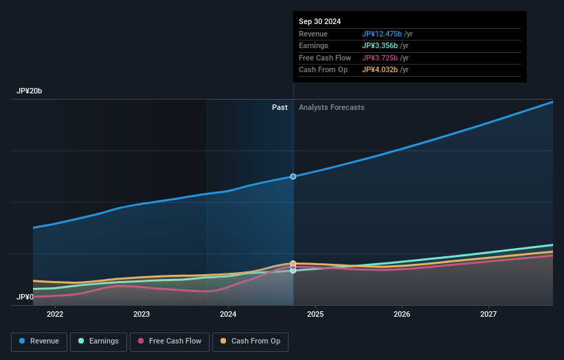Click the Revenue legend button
click(39, 341)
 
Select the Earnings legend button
click(98, 341)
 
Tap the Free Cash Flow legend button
click(168, 341)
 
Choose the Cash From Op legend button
click(251, 341)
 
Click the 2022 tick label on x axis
click(55, 314)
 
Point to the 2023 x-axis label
click(142, 314)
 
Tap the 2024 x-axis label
click(228, 314)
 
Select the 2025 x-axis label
click(315, 314)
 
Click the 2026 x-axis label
click(402, 314)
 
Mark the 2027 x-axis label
click(488, 314)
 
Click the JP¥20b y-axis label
click(31, 91)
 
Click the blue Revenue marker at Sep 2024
click(293, 177)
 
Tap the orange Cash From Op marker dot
click(293, 263)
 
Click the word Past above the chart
click(280, 107)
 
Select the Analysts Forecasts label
click(331, 107)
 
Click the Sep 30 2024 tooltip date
click(319, 22)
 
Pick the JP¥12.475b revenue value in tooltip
click(382, 34)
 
